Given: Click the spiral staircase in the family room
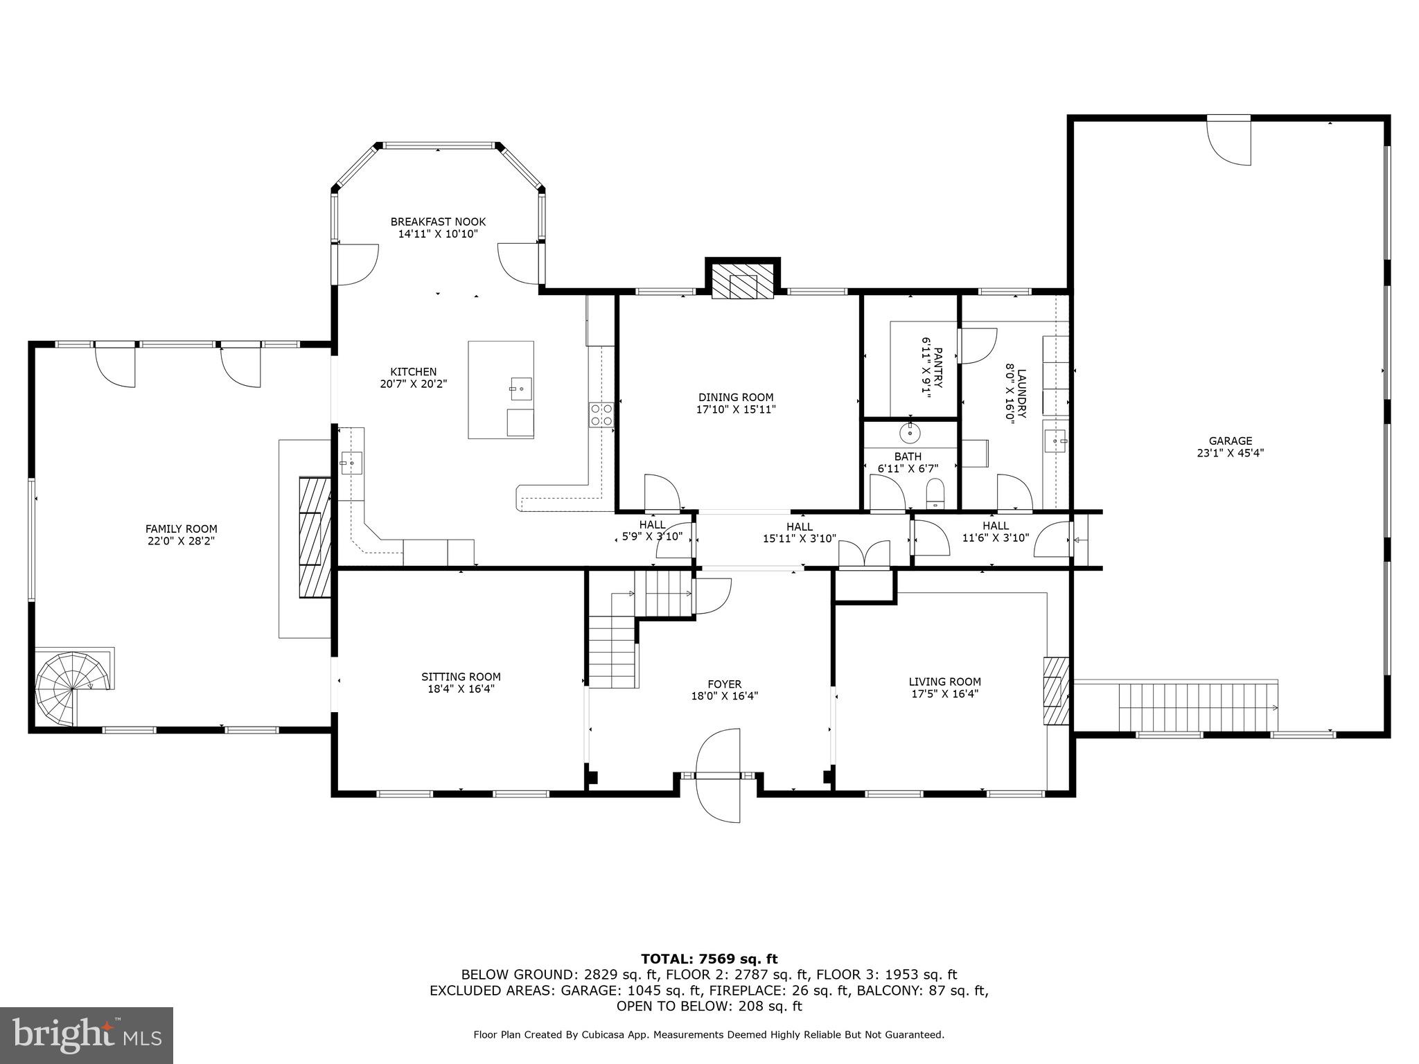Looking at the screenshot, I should (72, 689).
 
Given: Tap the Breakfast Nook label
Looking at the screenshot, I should (438, 222).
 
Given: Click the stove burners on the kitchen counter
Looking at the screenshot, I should (601, 414).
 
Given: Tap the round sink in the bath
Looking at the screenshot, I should (910, 434).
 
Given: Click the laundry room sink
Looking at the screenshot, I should (1056, 441).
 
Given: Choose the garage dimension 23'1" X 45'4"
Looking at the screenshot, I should (1231, 453).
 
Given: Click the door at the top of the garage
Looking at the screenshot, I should (1229, 141).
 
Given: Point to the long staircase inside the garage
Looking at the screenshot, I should (1198, 707).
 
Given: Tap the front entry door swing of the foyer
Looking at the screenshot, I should (719, 775).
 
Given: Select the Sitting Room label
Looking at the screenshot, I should (461, 677).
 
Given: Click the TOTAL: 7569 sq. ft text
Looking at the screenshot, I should (709, 959).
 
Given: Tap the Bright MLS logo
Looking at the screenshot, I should (87, 1035).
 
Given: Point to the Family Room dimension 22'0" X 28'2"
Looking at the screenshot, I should (181, 541).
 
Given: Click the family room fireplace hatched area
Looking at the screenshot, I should (315, 537).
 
